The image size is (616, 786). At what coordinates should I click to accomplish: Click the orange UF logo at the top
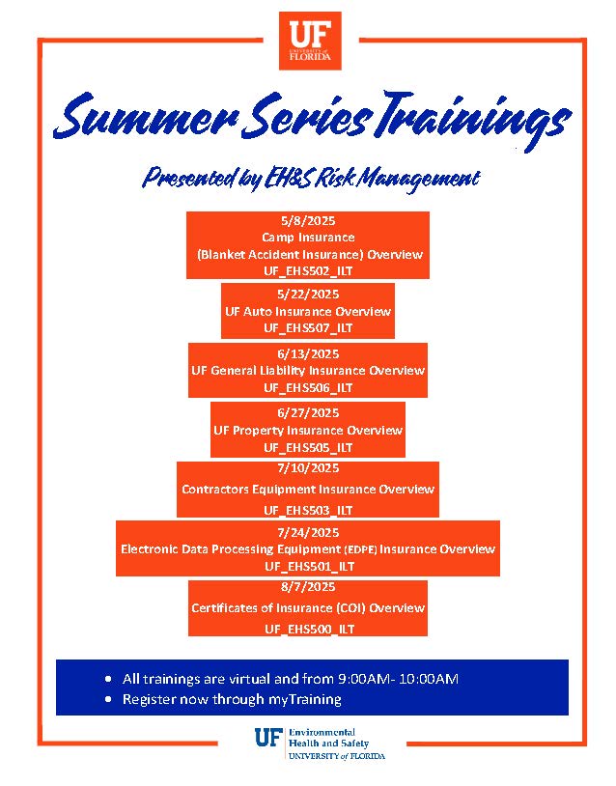(x=310, y=41)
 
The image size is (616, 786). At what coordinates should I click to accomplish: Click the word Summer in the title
(x=146, y=118)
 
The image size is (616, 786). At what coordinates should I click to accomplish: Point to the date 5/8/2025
(x=308, y=220)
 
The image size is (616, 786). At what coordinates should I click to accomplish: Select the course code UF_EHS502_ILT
(x=308, y=271)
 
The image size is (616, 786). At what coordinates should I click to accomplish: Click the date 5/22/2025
(x=308, y=294)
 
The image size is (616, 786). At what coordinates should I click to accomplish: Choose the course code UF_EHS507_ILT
(x=308, y=328)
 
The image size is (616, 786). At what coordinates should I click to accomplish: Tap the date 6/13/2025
(x=308, y=354)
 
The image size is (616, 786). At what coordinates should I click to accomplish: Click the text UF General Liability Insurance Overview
(x=308, y=371)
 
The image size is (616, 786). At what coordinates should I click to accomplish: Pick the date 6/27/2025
(x=308, y=413)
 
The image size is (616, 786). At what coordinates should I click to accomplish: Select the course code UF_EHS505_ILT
(x=308, y=448)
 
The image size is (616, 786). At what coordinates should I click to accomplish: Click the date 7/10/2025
(x=308, y=468)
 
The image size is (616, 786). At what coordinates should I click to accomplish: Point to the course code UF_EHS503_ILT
(x=308, y=510)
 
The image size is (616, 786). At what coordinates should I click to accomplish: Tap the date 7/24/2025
(x=308, y=532)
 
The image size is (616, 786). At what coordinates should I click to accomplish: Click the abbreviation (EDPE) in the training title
(x=360, y=549)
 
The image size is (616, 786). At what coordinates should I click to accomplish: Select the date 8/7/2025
(x=308, y=586)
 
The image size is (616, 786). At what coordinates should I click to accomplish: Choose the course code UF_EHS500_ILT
(x=309, y=630)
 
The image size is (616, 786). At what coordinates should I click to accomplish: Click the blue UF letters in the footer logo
(x=268, y=738)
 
